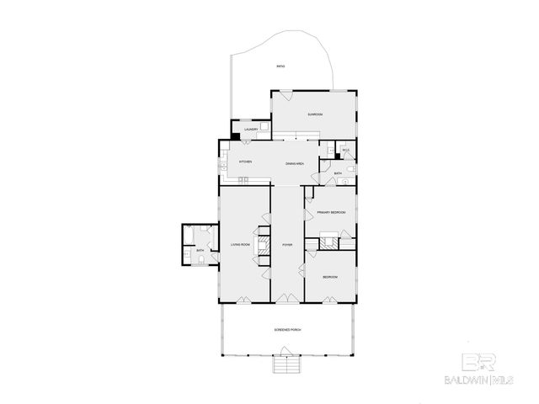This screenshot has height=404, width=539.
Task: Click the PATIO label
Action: click(x=280, y=66)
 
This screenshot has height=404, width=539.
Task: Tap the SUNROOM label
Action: click(x=315, y=114)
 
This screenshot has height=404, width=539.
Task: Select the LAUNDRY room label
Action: click(x=251, y=130)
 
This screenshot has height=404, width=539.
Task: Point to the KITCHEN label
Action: click(x=246, y=162)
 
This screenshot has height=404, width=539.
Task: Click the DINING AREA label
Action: click(x=294, y=162)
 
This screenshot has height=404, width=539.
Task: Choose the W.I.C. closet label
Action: click(x=345, y=150)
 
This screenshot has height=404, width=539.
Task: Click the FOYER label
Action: click(x=286, y=245)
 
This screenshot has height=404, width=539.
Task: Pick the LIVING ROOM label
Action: click(x=241, y=245)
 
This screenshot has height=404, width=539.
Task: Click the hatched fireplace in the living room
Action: click(x=264, y=245)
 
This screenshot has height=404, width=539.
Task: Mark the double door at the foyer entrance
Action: click(x=286, y=300)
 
